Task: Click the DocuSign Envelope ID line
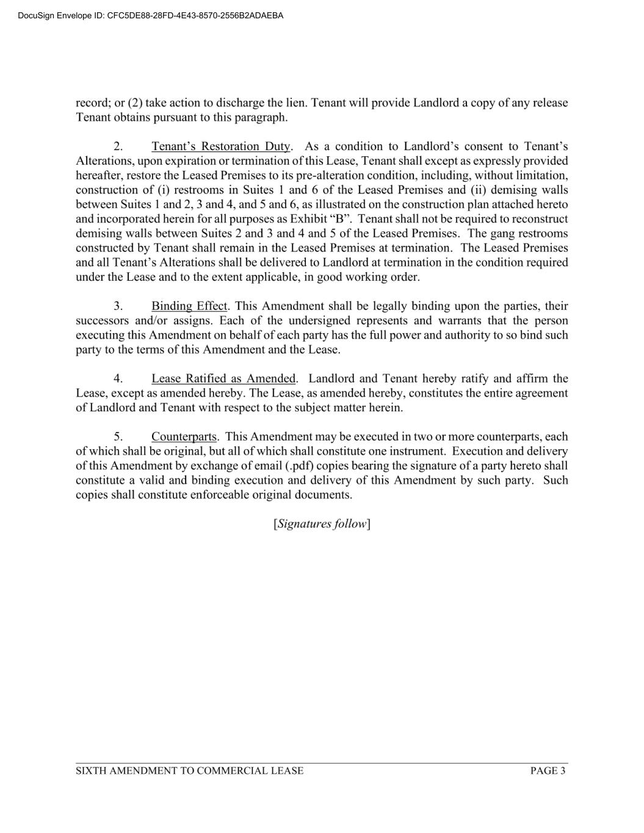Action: (x=151, y=16)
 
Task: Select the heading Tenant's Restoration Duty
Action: (x=221, y=146)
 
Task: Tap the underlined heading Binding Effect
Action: (x=189, y=306)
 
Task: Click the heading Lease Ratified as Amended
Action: (x=223, y=379)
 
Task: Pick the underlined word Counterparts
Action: (x=184, y=437)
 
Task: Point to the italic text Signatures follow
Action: (x=322, y=524)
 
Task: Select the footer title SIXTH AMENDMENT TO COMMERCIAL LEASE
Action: (x=189, y=771)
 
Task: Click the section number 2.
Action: (x=118, y=146)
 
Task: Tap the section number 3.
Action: (x=118, y=306)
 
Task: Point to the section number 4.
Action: (x=118, y=379)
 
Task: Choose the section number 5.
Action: (x=118, y=437)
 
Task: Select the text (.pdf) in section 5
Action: (x=299, y=466)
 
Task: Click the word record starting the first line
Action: (x=92, y=103)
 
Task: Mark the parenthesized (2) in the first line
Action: (x=135, y=103)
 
